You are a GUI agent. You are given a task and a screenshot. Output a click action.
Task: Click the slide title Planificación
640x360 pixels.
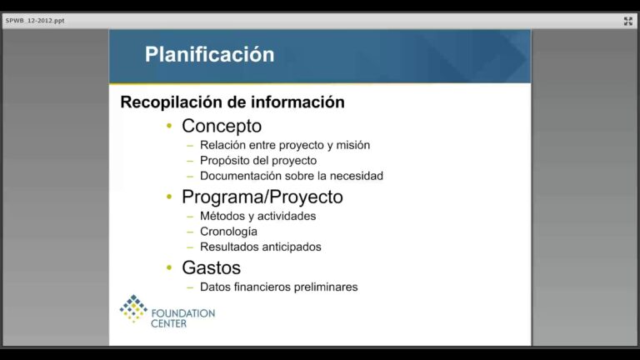209,55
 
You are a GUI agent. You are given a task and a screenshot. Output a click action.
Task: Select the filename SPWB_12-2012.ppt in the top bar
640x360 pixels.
35,20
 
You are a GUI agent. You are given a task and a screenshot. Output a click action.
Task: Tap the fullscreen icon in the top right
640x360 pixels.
627,21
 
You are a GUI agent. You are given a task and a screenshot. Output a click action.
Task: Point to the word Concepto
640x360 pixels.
222,126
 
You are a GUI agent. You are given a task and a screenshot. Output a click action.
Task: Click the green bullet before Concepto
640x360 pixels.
169,126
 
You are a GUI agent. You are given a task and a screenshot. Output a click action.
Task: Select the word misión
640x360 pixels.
353,145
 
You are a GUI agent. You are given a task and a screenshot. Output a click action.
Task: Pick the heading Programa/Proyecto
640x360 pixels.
262,197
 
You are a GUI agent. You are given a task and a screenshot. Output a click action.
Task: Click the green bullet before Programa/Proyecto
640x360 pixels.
169,197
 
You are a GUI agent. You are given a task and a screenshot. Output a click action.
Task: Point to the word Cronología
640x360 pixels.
228,232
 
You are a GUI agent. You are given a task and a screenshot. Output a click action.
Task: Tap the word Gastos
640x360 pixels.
211,267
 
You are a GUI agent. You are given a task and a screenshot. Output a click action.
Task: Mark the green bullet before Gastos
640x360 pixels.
169,267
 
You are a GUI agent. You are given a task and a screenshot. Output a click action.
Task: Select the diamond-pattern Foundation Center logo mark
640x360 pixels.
133,308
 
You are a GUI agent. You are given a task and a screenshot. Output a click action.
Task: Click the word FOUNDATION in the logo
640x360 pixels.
182,313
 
